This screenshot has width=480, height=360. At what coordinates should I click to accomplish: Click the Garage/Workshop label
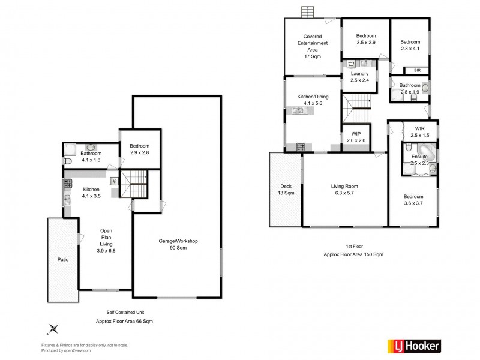click(178, 244)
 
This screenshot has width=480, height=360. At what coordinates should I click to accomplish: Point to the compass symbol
click(53, 328)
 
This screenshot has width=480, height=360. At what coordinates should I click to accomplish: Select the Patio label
click(62, 260)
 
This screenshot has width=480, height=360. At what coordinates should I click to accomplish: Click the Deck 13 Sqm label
click(286, 190)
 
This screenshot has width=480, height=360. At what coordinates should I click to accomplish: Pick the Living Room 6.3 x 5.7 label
click(344, 190)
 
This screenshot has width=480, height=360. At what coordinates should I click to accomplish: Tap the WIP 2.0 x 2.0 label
click(356, 137)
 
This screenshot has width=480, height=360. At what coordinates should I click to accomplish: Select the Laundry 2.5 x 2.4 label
click(359, 77)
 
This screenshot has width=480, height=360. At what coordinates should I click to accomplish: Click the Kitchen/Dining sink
click(298, 110)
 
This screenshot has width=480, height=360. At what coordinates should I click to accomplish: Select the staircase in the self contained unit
click(133, 182)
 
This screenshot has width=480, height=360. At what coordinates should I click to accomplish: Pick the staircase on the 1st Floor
click(359, 108)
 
